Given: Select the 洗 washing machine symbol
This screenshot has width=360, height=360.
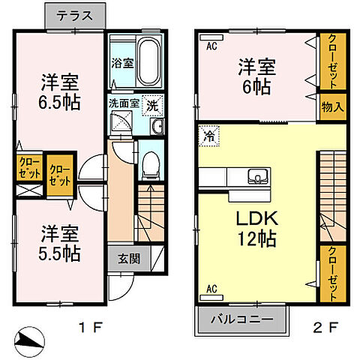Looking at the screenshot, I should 152,106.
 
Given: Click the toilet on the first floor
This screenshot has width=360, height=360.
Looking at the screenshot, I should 151,163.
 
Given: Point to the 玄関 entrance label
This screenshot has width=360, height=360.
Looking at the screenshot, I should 127,259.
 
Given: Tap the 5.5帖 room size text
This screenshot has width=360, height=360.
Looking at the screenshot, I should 58,252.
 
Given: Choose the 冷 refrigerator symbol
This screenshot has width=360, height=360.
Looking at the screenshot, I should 208,137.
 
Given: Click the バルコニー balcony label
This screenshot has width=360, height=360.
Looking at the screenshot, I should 243,318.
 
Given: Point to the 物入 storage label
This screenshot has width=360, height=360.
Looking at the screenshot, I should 332,106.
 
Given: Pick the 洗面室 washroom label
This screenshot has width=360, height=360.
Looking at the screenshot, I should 124,103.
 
